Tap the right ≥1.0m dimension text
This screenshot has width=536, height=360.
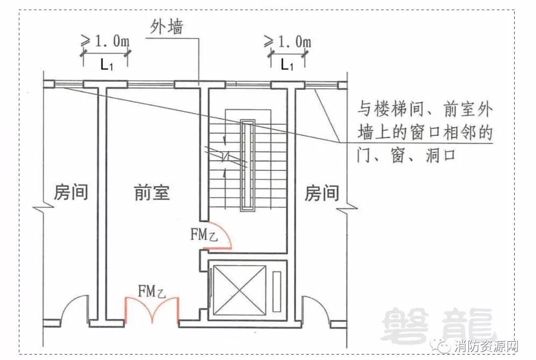pyautogui.click(x=287, y=43)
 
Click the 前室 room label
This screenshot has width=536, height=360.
pyautogui.click(x=152, y=192)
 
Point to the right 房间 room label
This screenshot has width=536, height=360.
pyautogui.click(x=322, y=193)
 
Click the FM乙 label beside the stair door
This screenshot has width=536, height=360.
pyautogui.click(x=204, y=234)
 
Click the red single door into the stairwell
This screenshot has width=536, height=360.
pyautogui.click(x=220, y=235)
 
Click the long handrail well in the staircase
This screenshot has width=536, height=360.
pyautogui.click(x=247, y=166)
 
